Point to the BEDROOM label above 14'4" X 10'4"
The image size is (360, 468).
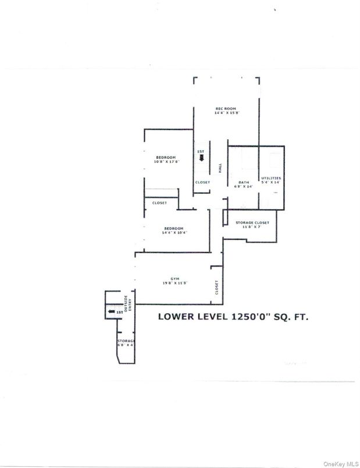173,228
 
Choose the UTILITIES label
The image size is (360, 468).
271,178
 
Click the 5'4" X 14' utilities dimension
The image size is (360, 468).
271,183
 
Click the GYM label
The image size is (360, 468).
174,278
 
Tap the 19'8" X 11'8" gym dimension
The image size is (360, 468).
174,283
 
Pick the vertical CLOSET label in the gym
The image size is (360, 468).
216,286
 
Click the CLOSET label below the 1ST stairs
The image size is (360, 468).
202,182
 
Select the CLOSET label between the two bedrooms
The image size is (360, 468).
159,203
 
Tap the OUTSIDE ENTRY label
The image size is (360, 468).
128,302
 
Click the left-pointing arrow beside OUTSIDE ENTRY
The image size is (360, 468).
111,312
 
